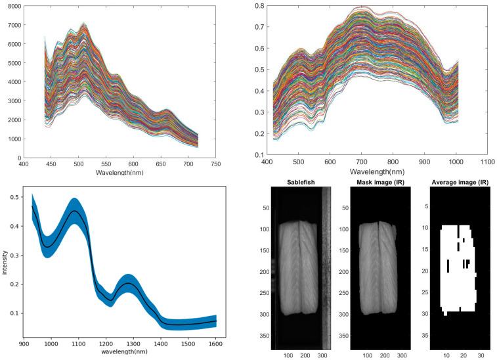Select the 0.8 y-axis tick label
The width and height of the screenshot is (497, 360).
261,6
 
